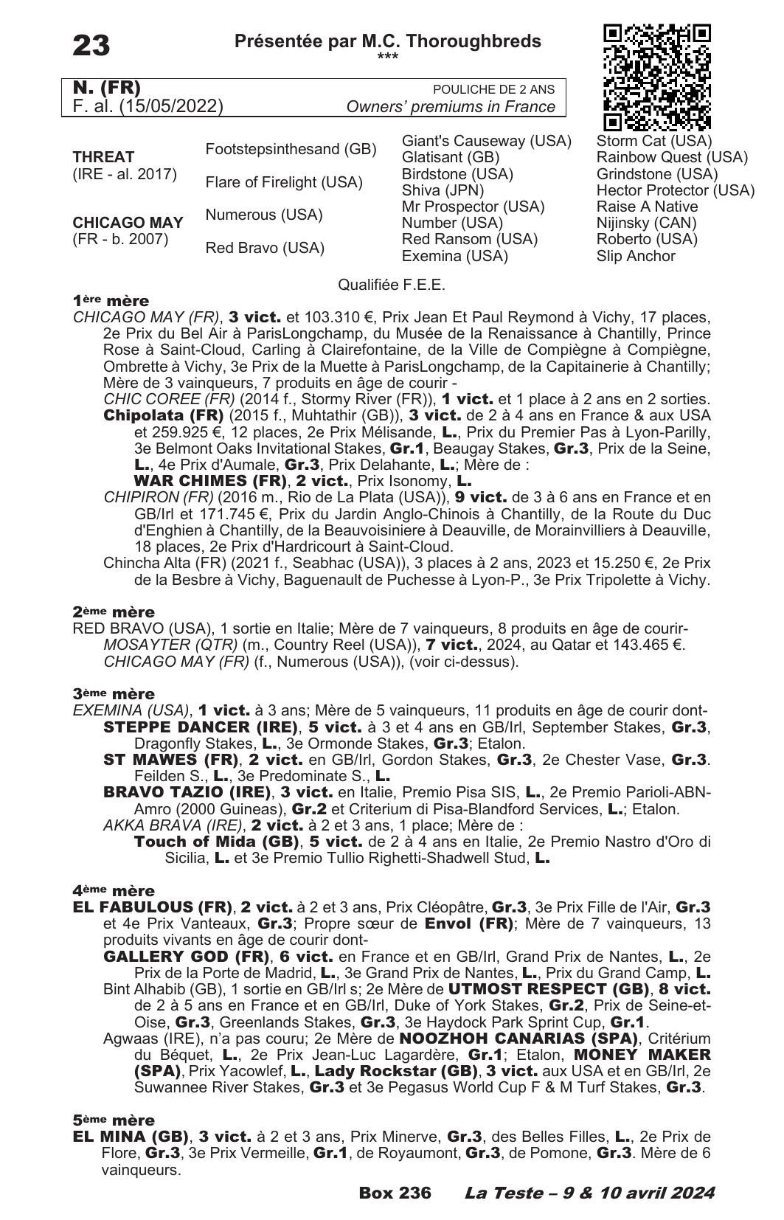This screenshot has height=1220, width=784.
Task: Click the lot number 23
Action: click(91, 46)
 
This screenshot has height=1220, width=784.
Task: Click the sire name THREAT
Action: click(103, 157)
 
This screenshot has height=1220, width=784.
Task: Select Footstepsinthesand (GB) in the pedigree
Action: click(291, 149)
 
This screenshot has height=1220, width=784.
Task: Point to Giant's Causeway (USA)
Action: click(486, 141)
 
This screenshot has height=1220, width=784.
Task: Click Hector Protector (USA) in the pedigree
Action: click(675, 190)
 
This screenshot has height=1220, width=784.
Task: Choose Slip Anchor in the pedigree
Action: click(635, 256)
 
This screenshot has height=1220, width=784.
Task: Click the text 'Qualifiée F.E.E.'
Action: click(391, 285)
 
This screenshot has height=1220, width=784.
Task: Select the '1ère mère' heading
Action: click(111, 301)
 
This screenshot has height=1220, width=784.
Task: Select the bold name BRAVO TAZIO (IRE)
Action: click(187, 792)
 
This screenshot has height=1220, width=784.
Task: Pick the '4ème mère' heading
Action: click(114, 890)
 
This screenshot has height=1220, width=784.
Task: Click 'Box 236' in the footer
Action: click(395, 1193)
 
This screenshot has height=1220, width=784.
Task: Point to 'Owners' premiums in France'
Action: click(451, 107)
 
